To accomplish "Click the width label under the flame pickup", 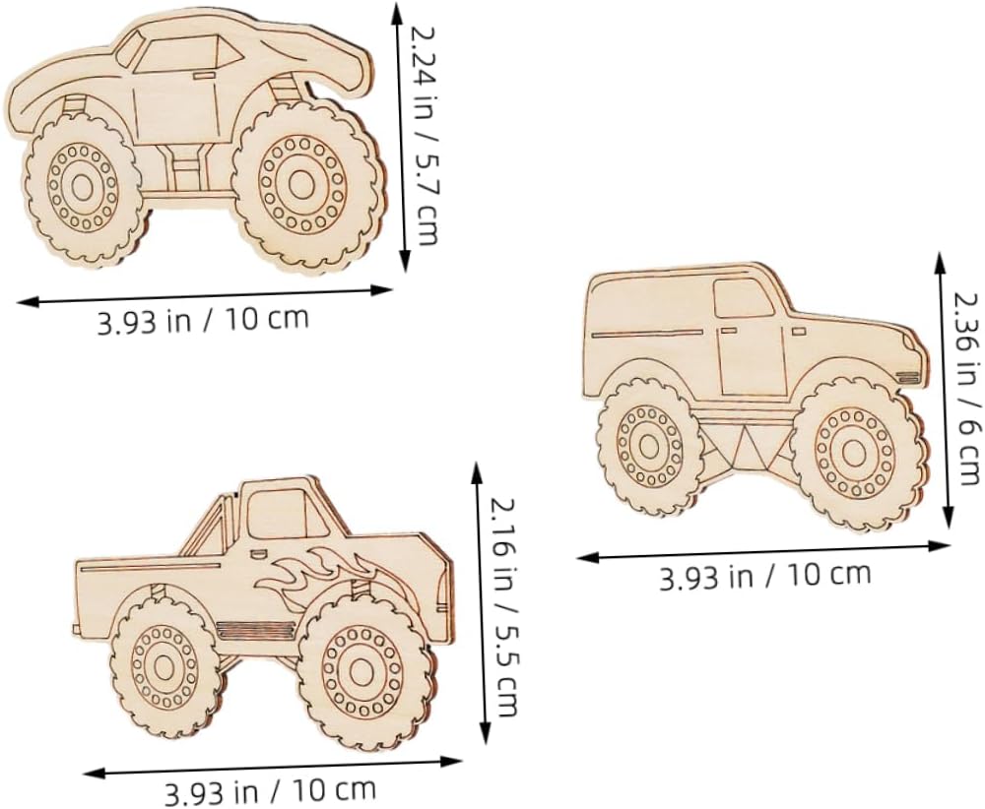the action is point(271,791).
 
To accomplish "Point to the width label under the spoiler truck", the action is point(203,320).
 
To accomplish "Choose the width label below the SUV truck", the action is point(765,576).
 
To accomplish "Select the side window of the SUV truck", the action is point(744,298).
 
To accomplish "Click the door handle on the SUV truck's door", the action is point(729,330).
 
